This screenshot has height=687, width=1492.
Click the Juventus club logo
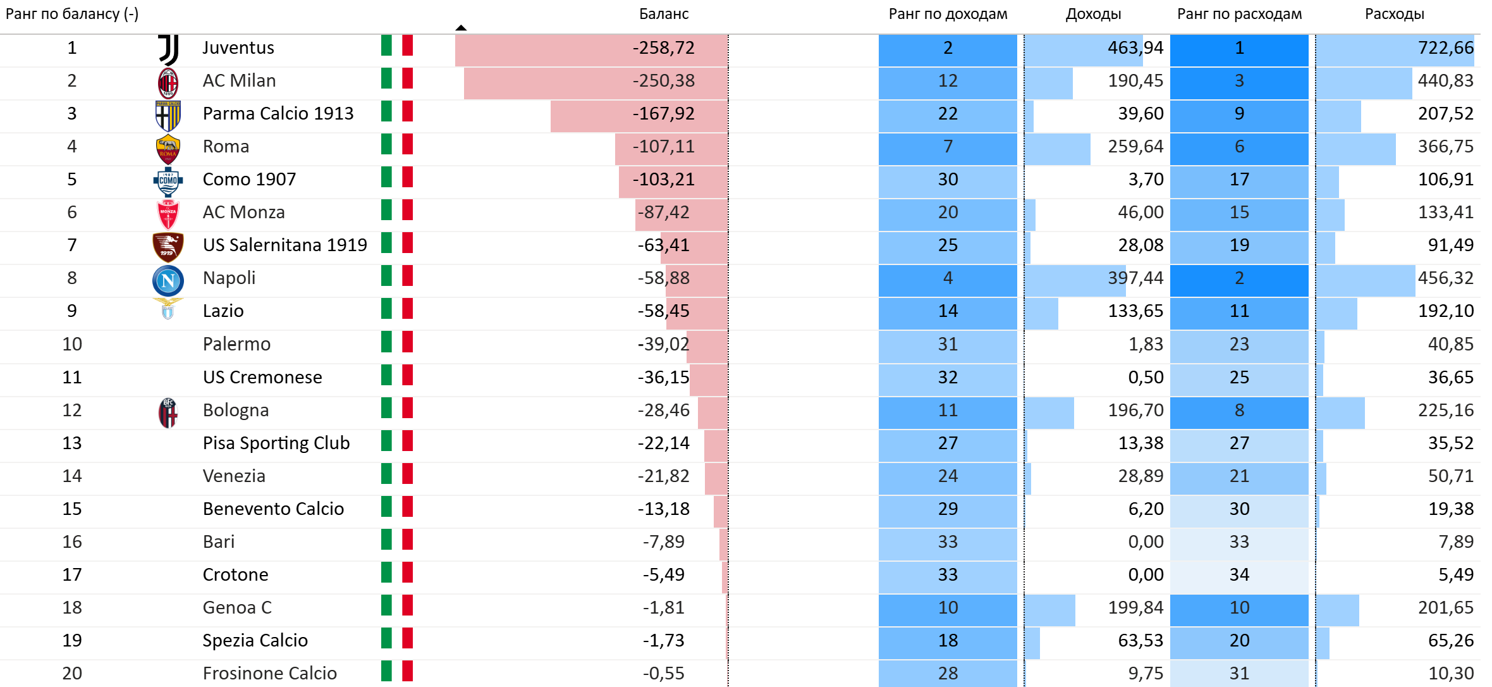[168, 49]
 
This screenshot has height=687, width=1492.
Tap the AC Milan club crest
[168, 82]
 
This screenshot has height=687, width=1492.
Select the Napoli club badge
[168, 280]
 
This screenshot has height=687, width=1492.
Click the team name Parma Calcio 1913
[278, 114]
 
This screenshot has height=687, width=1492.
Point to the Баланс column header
[663, 14]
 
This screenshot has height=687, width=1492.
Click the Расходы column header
[1394, 14]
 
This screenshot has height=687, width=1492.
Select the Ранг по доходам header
[948, 14]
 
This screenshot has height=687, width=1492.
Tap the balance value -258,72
[663, 48]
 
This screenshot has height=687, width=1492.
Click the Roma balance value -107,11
[663, 147]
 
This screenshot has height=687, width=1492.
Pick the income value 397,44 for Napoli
[1135, 278]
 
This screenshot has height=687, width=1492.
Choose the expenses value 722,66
[1445, 48]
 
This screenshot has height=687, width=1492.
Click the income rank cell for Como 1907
[948, 180]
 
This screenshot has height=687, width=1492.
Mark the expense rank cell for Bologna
[1239, 411]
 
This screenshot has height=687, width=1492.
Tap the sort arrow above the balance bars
[461, 28]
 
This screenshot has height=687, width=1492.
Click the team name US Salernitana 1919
[284, 245]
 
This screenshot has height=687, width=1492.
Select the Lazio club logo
[168, 309]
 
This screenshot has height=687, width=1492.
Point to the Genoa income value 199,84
[1135, 608]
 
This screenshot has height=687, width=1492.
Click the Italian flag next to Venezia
[397, 474]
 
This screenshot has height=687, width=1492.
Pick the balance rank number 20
[72, 674]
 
